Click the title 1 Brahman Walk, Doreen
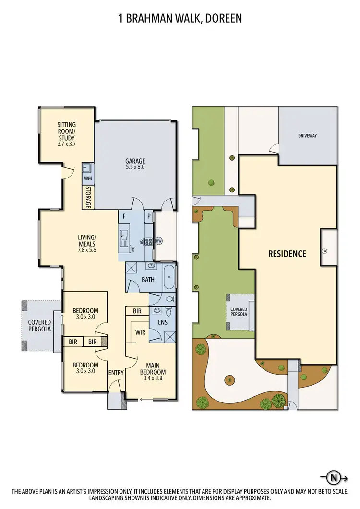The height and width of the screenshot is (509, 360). click(x=180, y=18)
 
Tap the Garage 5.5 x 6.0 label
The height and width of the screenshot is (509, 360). click(x=135, y=164)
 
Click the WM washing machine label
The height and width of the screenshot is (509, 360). click(x=88, y=178)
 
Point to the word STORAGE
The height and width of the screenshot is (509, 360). click(x=88, y=197)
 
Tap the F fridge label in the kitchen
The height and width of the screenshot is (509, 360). click(x=124, y=216)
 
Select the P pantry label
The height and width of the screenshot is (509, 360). click(x=149, y=216)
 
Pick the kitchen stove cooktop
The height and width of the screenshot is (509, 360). click(x=148, y=241)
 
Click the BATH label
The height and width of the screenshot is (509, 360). click(x=147, y=280)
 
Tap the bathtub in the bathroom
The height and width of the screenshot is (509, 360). click(x=168, y=277)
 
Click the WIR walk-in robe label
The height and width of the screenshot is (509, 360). click(x=141, y=331)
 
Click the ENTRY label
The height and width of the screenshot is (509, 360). click(x=116, y=373)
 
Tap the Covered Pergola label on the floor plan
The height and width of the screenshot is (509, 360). click(x=39, y=326)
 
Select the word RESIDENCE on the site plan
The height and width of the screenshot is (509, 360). click(x=287, y=254)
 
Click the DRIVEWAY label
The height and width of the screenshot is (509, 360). click(x=307, y=136)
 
